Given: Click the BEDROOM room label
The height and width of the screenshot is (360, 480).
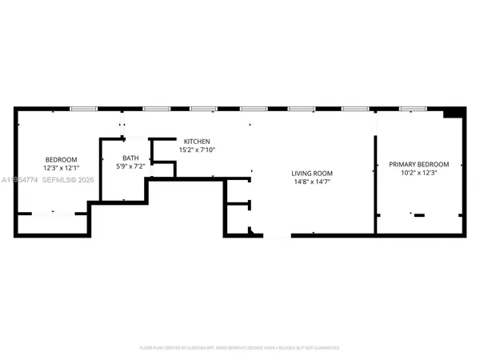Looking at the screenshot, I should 61,159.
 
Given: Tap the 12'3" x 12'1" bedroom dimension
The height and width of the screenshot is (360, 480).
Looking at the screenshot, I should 61,168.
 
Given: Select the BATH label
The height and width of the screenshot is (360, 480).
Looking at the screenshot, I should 130,158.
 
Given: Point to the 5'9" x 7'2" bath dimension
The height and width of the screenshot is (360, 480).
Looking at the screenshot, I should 130,166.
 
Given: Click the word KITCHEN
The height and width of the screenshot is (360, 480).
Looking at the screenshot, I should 197,141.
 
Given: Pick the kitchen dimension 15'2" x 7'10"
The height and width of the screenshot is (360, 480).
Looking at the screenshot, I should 197,150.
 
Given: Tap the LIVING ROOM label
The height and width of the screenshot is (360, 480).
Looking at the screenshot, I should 311,173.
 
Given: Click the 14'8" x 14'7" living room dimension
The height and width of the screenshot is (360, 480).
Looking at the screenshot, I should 311,182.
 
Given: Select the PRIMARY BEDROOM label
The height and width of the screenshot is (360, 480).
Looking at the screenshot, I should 418,164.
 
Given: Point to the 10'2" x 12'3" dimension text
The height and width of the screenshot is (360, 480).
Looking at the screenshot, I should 418,173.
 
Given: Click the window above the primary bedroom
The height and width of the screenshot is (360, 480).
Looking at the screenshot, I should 412,108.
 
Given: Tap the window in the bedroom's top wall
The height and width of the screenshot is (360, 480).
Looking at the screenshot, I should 82,108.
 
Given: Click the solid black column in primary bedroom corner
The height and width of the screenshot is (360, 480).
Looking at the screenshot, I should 454,113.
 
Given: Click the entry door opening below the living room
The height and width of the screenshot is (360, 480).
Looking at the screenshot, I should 278,236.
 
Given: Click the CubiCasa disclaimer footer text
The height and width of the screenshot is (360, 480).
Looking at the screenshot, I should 240,348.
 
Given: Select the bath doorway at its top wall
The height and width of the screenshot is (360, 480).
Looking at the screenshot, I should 122,138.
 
